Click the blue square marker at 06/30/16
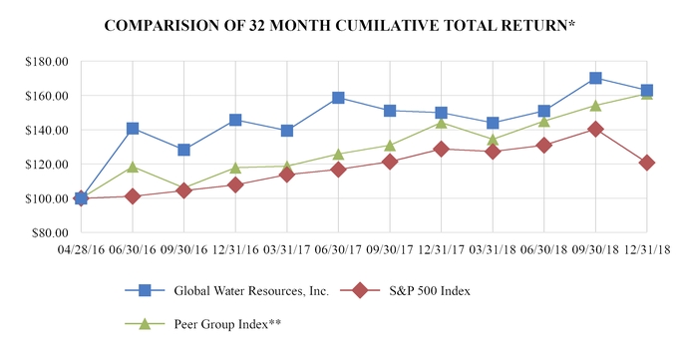point(133,129)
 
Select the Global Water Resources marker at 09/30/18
point(595,78)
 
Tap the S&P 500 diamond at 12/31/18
point(647,163)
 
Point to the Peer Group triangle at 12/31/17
point(441,122)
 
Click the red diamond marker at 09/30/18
point(595,129)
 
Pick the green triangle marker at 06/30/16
point(133,167)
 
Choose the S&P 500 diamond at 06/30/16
point(133,196)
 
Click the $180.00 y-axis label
point(46,62)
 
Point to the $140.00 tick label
point(46,131)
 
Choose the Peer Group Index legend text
point(226,324)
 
